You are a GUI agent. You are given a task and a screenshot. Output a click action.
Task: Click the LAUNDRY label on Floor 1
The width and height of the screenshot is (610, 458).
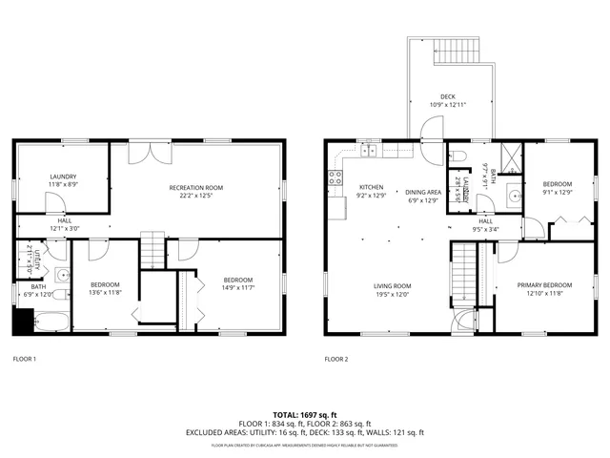click(63, 177)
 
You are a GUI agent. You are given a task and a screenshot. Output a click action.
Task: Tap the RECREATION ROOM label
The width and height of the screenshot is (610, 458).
click(196, 187)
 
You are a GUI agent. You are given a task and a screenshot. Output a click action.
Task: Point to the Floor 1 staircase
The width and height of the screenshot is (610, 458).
click(152, 249)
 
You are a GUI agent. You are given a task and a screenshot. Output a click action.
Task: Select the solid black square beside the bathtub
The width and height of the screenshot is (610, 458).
click(21, 323)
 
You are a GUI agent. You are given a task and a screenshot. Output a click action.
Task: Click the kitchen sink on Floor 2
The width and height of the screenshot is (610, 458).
click(369, 151)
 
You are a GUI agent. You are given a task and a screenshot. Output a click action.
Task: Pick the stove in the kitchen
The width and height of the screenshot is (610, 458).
click(335, 176)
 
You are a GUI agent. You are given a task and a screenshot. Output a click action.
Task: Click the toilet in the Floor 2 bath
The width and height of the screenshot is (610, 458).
click(457, 155)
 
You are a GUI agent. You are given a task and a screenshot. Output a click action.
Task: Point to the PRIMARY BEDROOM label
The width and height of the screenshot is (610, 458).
click(544, 285)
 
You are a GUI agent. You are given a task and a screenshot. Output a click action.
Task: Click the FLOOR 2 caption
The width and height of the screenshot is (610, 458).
click(336, 360)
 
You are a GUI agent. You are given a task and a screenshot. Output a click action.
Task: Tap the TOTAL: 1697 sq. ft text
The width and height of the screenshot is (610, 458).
click(304, 415)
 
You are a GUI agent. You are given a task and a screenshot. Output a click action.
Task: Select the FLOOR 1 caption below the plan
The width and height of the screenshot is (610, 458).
click(24, 360)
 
